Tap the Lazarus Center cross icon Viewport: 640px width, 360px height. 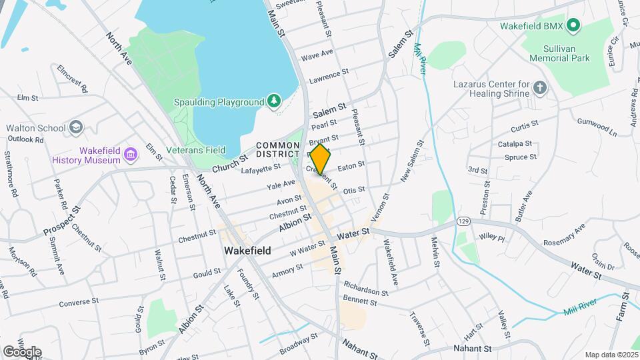(540, 87)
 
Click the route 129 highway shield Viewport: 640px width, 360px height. (464, 220)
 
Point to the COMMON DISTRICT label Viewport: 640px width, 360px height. (278, 150)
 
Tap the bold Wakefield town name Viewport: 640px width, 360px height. (247, 251)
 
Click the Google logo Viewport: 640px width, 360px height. (21, 351)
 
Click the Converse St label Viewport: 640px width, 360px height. (79, 302)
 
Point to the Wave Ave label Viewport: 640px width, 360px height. (317, 53)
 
